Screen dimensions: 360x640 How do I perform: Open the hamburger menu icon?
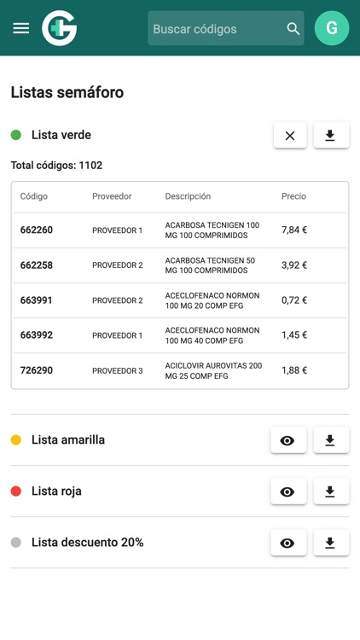tap(21, 28)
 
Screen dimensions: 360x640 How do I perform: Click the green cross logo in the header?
tap(60, 28)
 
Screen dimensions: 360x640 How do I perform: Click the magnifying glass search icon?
tap(293, 29)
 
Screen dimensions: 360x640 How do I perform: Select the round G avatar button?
tap(332, 28)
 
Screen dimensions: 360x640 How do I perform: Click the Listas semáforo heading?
tap(67, 92)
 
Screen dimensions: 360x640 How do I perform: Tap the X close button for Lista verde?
tap(290, 136)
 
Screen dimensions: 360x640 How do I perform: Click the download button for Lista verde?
tap(331, 136)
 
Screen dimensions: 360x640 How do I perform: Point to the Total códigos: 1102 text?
tap(56, 166)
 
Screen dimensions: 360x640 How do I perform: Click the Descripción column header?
tap(188, 196)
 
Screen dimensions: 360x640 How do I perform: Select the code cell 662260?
tap(37, 230)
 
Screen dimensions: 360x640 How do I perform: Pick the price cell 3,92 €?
tap(294, 265)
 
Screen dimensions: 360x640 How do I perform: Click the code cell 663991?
tap(37, 300)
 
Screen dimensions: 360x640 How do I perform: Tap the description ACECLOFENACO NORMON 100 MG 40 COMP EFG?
tap(212, 335)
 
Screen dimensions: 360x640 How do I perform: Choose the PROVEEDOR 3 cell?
tap(118, 370)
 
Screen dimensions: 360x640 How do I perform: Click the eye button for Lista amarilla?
tap(287, 440)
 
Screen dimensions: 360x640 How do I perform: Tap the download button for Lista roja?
tap(331, 492)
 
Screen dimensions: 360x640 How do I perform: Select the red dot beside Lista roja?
tap(16, 492)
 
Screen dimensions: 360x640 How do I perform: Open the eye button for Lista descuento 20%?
tap(287, 543)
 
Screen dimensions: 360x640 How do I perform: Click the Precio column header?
tap(293, 196)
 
